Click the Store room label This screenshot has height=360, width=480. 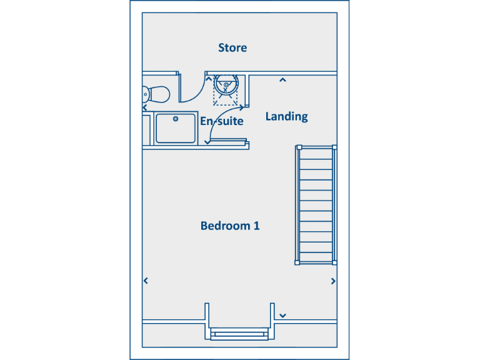click(x=232, y=47)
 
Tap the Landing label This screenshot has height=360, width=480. click(x=286, y=116)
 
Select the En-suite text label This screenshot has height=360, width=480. click(x=221, y=121)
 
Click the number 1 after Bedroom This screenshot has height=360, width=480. click(x=256, y=226)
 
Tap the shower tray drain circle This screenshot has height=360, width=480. click(x=176, y=118)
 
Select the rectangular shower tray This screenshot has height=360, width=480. click(x=176, y=128)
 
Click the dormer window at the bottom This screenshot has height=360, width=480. click(x=240, y=332)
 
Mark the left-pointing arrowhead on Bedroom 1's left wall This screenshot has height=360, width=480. click(x=146, y=281)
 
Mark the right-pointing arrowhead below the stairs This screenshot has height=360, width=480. click(x=334, y=281)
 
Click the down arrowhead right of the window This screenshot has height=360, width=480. click(x=282, y=315)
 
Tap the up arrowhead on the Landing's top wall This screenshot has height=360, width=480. click(x=282, y=79)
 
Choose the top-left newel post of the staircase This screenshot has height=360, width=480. click(x=298, y=147)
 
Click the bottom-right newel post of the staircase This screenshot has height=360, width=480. click(x=334, y=262)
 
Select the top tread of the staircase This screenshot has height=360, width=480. click(x=316, y=154)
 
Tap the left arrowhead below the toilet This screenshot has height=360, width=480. click(x=146, y=107)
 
